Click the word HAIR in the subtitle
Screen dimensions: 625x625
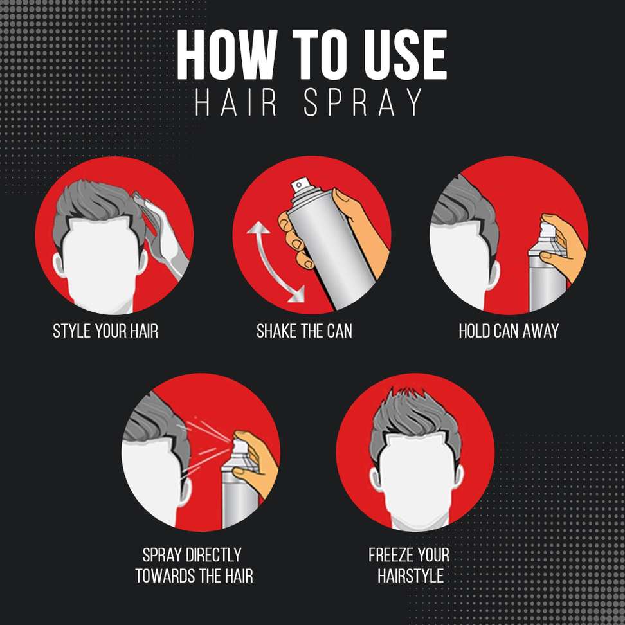pyautogui.click(x=235, y=102)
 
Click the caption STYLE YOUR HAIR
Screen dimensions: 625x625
pyautogui.click(x=105, y=331)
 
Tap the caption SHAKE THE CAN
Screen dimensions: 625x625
pyautogui.click(x=304, y=331)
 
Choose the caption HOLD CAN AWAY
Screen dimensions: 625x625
pyautogui.click(x=509, y=331)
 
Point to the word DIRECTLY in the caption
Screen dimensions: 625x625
pyautogui.click(x=214, y=555)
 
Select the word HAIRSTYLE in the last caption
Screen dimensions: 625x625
pyautogui.click(x=410, y=576)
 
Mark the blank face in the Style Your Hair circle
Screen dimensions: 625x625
pyautogui.click(x=100, y=263)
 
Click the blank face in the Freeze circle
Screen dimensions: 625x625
pyautogui.click(x=415, y=478)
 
